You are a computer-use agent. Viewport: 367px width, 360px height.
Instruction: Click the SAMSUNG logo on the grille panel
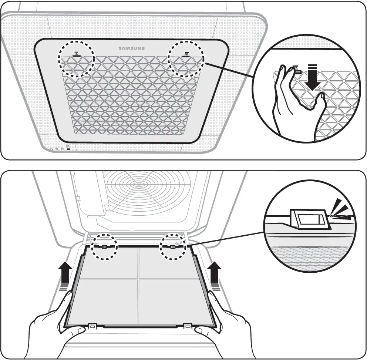pyautogui.click(x=131, y=48)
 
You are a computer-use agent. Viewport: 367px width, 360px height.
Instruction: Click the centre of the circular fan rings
pyautogui.click(x=138, y=184)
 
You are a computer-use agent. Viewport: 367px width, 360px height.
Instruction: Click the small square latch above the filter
pyautogui.click(x=132, y=230)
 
